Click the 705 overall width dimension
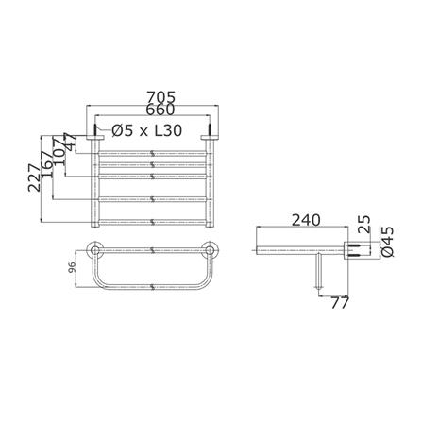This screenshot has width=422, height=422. coord(161,96)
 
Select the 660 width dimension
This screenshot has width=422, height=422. coord(160,110)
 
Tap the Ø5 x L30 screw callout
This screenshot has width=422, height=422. coord(147,130)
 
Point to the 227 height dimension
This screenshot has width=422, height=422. coord(34,178)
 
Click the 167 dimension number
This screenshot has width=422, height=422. coord(47,164)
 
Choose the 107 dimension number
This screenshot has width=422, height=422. coord(59,150)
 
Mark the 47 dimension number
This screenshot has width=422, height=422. coord(70,143)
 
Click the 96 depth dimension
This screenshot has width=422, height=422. coord(72,269)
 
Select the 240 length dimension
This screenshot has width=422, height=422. coord(306,220)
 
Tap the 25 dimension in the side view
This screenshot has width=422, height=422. coord(364,225)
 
